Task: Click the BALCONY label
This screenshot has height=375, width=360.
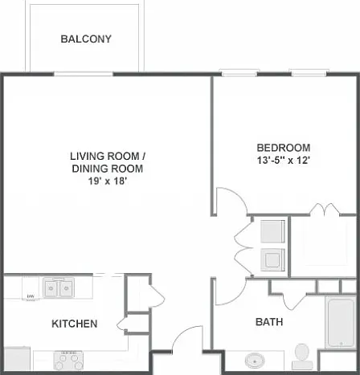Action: coord(86,39)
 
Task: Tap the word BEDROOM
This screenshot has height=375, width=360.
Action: coord(284,148)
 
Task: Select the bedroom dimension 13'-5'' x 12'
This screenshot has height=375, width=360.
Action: coord(284,161)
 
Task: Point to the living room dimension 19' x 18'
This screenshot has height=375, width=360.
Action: coord(108,181)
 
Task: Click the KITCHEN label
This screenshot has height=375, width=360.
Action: coord(75,324)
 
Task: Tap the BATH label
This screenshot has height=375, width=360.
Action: coord(269,322)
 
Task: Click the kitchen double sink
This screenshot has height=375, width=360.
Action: coord(58,287)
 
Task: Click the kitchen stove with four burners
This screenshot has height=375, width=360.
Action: coord(68,361)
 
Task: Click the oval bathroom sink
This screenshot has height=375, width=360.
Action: coord(255,361)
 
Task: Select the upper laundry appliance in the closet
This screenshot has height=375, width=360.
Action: coord(272,231)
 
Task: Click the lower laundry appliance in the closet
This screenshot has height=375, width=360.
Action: coord(272,260)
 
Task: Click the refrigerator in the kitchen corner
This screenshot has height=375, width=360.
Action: coord(17,359)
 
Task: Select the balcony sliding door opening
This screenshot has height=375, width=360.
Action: coord(84,74)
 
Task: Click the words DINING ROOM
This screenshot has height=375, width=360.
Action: coord(108,169)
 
